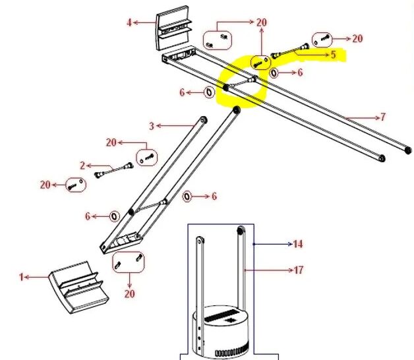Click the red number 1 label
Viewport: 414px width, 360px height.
click(21, 277)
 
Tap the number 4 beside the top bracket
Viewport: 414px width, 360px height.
click(129, 22)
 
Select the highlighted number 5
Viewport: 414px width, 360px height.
click(333, 55)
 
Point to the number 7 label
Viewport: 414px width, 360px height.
click(383, 117)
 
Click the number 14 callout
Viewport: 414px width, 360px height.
click(298, 244)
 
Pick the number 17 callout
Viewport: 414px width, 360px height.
click(299, 270)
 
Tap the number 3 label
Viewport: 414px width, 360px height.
click(151, 126)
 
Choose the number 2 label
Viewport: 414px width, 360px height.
click(82, 165)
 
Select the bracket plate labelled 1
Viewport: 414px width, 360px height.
click(79, 288)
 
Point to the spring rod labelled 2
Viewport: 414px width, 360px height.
click(114, 170)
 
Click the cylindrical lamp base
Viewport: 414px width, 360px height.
click(221, 332)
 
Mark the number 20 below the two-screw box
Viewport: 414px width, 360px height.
click(129, 293)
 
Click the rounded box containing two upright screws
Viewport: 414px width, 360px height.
click(129, 262)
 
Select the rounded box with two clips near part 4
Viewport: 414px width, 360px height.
click(218, 40)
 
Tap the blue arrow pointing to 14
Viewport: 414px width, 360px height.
click(273, 245)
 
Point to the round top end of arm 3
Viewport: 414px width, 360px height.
click(203, 120)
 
